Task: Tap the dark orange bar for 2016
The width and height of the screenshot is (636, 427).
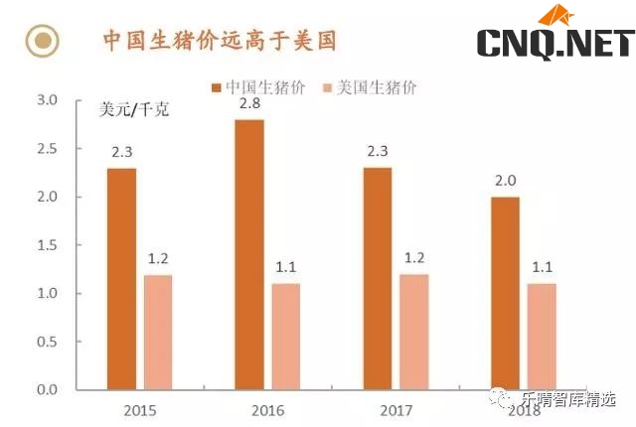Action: click(x=249, y=254)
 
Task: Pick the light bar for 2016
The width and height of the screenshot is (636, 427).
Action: click(x=287, y=337)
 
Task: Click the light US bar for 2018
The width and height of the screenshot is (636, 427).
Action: click(x=541, y=337)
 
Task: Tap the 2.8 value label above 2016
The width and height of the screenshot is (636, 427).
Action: click(x=248, y=103)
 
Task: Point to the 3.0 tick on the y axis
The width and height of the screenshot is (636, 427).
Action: click(x=48, y=100)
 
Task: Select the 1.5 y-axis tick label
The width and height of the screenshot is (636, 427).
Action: click(x=48, y=245)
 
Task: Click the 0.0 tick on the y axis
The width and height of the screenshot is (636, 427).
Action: click(x=48, y=389)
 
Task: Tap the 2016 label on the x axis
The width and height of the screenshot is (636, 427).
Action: click(x=268, y=409)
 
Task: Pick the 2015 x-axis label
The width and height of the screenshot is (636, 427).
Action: click(x=140, y=409)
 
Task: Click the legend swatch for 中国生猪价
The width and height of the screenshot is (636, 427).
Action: click(x=217, y=87)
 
